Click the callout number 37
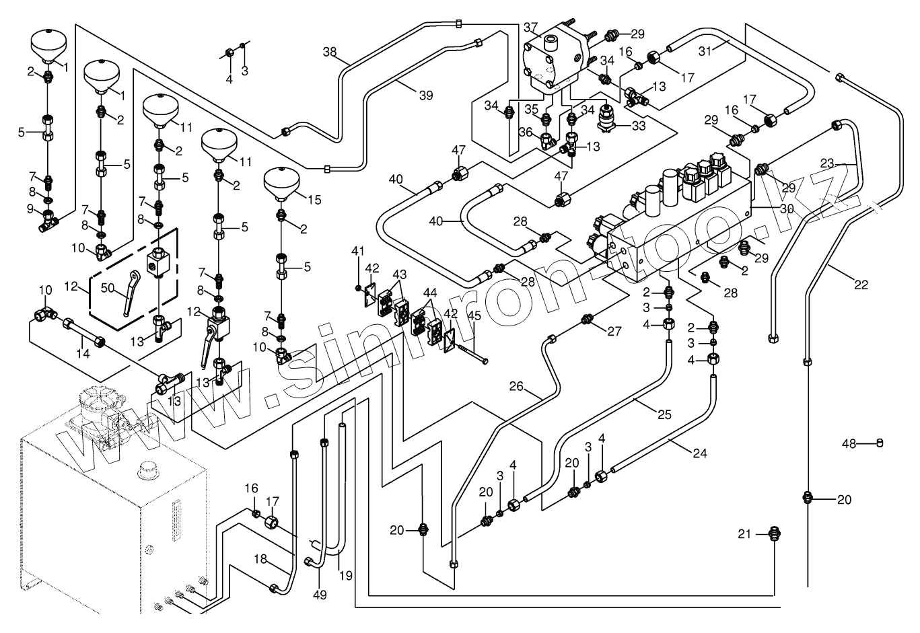[530, 28]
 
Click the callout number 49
[320, 594]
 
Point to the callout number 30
[787, 209]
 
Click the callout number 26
[516, 386]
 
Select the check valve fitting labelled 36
[547, 141]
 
